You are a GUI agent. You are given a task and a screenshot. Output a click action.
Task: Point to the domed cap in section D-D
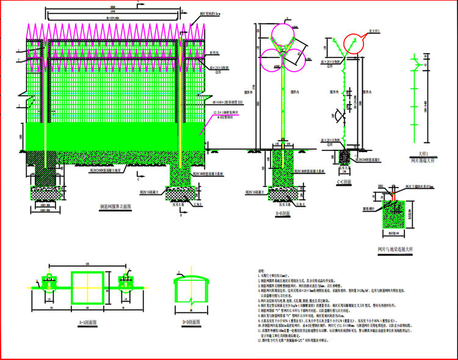[191, 282]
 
